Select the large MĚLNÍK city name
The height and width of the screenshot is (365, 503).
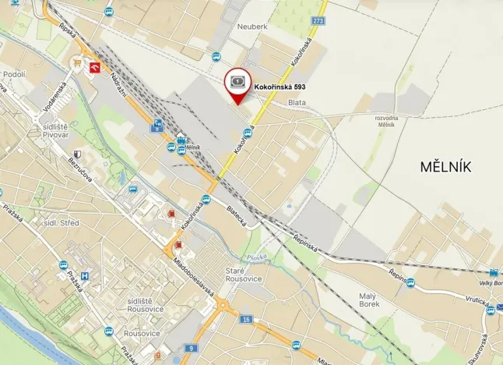(x=445, y=165)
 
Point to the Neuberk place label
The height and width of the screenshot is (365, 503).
(x=251, y=26)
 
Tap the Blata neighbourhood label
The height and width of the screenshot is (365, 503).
(x=296, y=101)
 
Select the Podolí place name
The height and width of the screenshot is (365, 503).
(x=14, y=74)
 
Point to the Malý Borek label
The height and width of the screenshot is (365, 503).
(x=368, y=300)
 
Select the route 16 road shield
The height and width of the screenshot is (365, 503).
(x=246, y=320)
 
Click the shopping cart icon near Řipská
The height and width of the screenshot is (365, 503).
(x=77, y=62)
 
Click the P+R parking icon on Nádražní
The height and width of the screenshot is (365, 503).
(x=158, y=123)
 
